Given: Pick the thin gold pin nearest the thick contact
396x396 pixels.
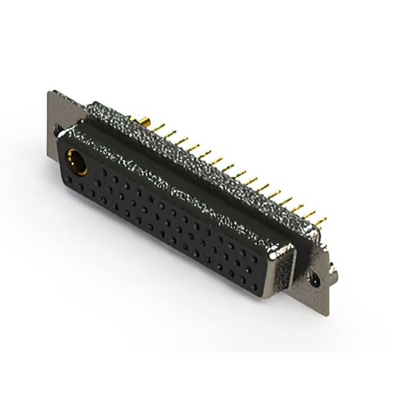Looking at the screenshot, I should [x=159, y=127].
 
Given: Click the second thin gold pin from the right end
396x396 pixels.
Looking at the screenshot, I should [x=309, y=215].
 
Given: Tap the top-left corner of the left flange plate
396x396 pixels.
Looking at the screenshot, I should [x=49, y=93].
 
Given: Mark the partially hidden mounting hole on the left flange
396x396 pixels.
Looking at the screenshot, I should [x=56, y=129].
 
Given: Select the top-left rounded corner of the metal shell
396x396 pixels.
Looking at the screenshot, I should [x=93, y=106].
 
